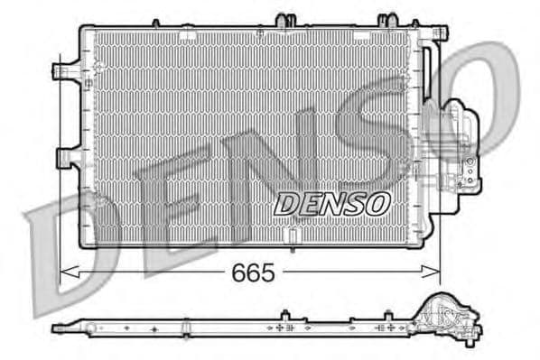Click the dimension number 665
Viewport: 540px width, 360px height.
254,272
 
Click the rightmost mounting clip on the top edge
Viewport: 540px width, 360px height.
388,19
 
